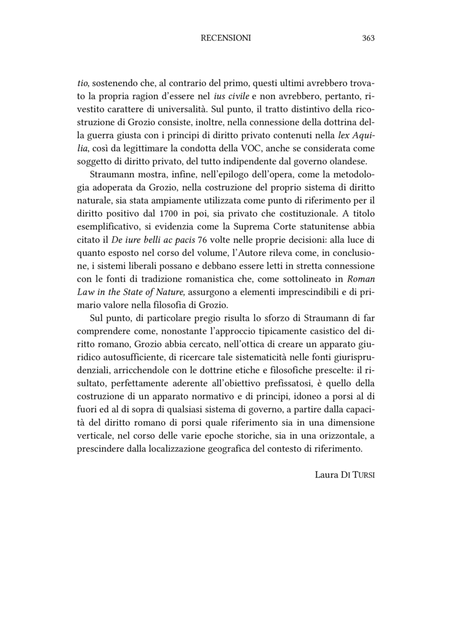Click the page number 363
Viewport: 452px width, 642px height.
click(x=368, y=38)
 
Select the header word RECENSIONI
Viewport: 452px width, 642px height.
click(x=226, y=38)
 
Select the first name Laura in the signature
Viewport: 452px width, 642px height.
click(x=327, y=474)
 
